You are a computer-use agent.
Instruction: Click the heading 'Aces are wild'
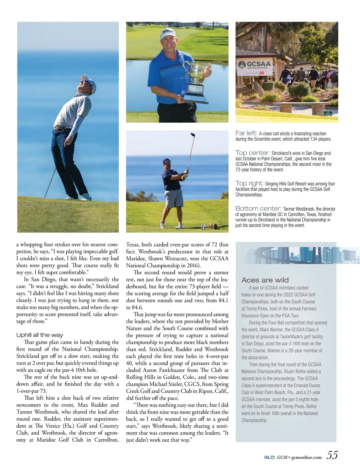pos(265,280)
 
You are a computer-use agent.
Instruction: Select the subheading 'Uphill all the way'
pos(40,335)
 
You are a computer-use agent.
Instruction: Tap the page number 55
pos(332,455)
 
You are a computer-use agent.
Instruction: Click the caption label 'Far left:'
pos(246,133)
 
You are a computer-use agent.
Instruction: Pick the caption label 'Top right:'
pos(249,183)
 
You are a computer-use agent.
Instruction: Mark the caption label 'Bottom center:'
pos(258,208)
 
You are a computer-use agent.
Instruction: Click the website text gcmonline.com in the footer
pos(306,457)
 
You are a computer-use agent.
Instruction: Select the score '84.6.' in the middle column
pos(136,307)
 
